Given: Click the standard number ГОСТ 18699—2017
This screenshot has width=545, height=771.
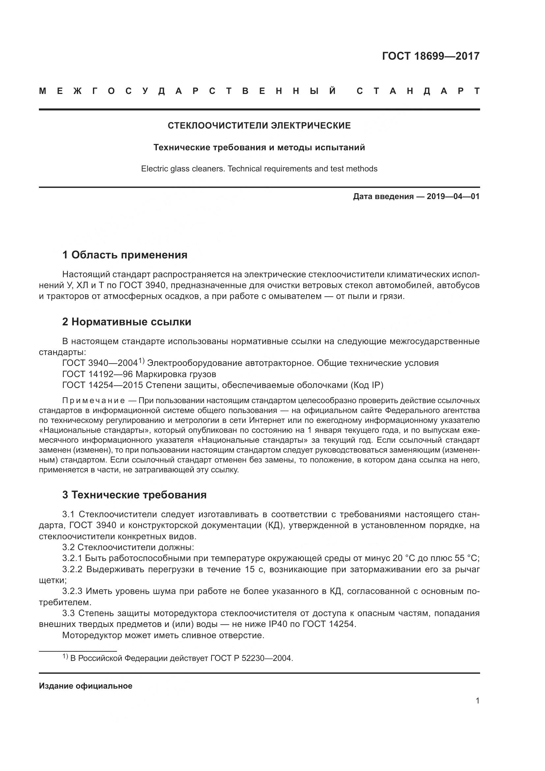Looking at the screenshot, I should (431, 56).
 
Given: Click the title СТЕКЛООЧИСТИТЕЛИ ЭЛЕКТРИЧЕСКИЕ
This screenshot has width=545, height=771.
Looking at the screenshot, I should (259, 126).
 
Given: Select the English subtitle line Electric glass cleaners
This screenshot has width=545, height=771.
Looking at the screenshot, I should (259, 168).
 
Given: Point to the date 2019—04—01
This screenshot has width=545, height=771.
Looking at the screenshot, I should (453, 196).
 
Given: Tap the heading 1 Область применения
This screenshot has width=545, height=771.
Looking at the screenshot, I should (125, 255).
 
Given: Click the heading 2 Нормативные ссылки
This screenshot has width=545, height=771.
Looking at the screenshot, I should (127, 322).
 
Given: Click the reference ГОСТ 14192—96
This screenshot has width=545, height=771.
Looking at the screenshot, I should (98, 374).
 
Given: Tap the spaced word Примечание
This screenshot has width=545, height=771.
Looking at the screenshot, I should (94, 400).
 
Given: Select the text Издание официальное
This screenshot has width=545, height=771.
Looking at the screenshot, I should (86, 686).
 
